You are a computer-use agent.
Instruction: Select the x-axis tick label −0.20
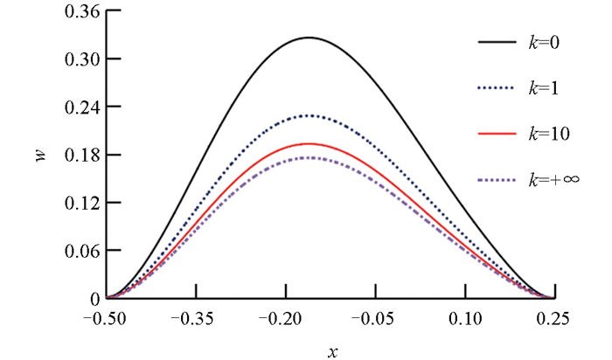point(284,317)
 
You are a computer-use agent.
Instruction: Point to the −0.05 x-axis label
point(374,317)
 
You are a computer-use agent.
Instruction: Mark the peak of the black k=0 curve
point(308,38)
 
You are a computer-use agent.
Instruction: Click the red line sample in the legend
point(497,134)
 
